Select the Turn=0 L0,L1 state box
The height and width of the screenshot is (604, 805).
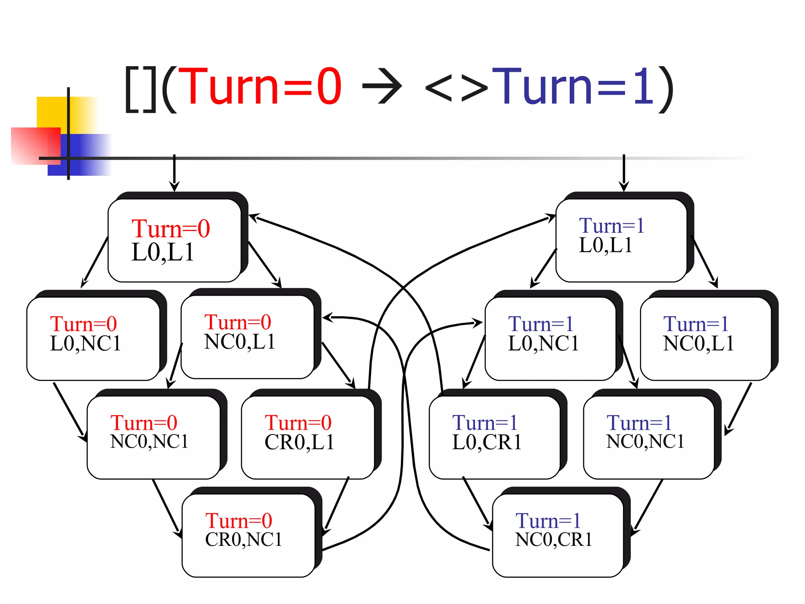[175, 241]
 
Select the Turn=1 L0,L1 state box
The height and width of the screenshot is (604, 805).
[621, 241]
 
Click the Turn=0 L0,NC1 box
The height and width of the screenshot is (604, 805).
[93, 339]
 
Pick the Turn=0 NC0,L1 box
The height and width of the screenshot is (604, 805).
[248, 337]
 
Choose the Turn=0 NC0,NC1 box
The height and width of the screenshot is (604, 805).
[153, 437]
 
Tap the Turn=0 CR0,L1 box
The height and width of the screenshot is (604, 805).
[308, 437]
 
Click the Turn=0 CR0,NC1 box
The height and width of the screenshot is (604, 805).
[248, 536]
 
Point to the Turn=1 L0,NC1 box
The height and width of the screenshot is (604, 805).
[550, 339]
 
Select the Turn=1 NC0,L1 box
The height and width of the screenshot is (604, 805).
[706, 339]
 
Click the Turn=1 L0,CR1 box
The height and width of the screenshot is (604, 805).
[494, 437]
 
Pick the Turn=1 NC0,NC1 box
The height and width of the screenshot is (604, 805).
[649, 437]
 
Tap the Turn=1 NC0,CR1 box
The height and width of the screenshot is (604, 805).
[557, 536]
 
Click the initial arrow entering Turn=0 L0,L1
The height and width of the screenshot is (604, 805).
[174, 173]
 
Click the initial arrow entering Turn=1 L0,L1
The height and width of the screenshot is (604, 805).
[623, 173]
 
